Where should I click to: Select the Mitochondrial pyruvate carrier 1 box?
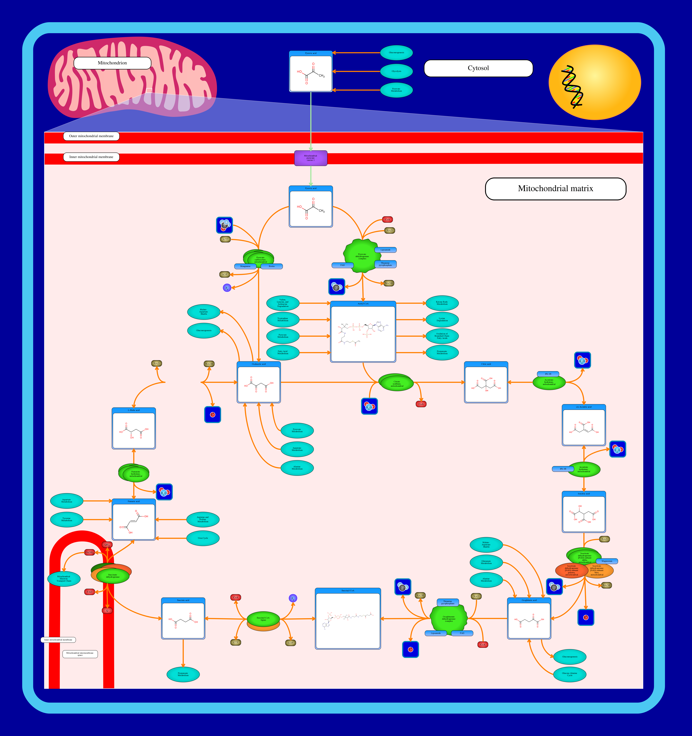pos(311,158)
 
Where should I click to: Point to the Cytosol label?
pos(478,68)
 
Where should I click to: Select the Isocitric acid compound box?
pos(583,512)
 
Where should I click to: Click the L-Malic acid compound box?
pos(134,429)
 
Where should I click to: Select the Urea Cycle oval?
pos(203,538)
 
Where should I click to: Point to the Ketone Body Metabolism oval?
pos(442,303)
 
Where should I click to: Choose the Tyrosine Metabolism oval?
pos(67,519)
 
